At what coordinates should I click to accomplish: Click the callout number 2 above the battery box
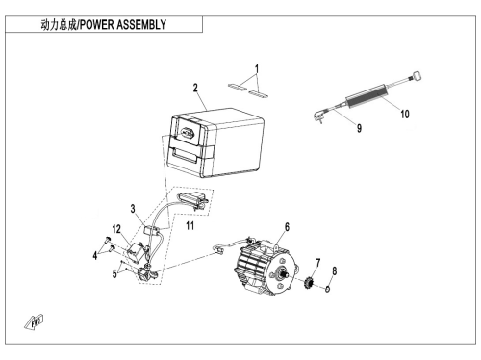click(195, 88)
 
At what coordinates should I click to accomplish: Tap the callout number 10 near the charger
click(405, 114)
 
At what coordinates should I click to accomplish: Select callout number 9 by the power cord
click(359, 128)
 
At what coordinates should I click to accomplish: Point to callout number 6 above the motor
click(287, 227)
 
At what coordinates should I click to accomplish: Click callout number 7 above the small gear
click(318, 263)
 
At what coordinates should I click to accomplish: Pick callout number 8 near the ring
click(335, 271)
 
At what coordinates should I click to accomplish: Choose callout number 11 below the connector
click(190, 226)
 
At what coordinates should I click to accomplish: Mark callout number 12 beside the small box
click(116, 229)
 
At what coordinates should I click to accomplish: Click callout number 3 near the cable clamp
click(133, 209)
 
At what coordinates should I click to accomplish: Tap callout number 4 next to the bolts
click(95, 256)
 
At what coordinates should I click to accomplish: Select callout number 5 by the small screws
click(114, 274)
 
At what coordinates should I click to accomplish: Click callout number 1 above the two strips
click(257, 69)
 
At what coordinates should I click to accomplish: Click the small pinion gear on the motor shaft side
click(310, 282)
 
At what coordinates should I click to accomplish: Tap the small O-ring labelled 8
click(327, 289)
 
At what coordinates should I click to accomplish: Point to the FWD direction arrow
click(35, 322)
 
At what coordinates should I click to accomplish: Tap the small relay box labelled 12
click(136, 251)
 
